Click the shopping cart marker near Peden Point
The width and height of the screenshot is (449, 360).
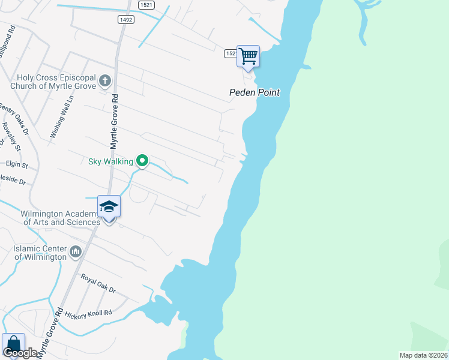pyautogui.click(x=248, y=57)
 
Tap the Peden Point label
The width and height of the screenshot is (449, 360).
pyautogui.click(x=255, y=93)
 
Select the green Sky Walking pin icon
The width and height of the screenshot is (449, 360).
pyautogui.click(x=142, y=160)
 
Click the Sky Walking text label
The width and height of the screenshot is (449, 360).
pyautogui.click(x=111, y=161)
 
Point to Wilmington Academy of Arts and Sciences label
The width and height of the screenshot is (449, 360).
pyautogui.click(x=60, y=218)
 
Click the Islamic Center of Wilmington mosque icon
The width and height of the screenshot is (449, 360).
pyautogui.click(x=75, y=251)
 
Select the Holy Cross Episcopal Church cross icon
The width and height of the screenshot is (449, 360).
pyautogui.click(x=104, y=80)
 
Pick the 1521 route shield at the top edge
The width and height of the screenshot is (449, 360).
pyautogui.click(x=146, y=4)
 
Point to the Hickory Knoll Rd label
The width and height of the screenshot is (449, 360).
pyautogui.click(x=89, y=313)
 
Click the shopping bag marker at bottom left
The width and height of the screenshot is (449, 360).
pyautogui.click(x=13, y=345)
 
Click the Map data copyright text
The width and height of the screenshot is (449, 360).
pyautogui.click(x=424, y=355)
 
